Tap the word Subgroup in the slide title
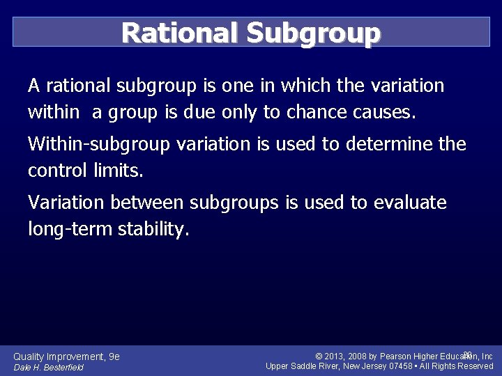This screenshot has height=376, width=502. pos(314,32)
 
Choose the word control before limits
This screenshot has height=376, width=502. pos(57,171)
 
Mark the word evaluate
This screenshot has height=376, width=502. pos(410,203)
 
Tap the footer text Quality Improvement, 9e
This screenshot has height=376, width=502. pos(67,357)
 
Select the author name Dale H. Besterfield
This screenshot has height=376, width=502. pos(48,368)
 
